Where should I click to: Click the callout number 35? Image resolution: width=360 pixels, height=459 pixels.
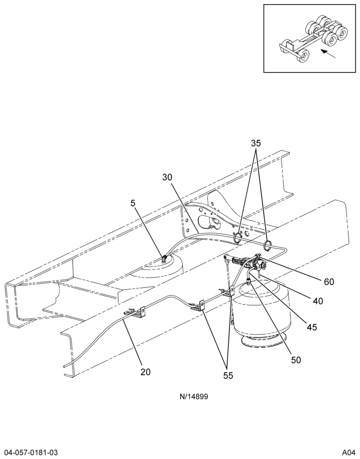pos(256,143)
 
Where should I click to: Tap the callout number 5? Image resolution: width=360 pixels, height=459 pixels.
pos(133,203)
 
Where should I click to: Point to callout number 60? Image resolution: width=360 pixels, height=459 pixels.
pos(329,282)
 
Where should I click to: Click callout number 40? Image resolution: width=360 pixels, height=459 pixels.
pos(318,301)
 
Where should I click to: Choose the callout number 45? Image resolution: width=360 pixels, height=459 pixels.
pos(312,327)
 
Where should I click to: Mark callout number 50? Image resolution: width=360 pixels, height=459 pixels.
pos(296,360)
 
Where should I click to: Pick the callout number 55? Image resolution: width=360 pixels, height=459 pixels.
pos(228,375)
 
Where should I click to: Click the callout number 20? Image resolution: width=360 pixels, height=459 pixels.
pos(145,372)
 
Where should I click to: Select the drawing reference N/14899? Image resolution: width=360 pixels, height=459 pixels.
pos(194,397)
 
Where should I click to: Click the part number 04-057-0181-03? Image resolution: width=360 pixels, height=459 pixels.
pos(29,453)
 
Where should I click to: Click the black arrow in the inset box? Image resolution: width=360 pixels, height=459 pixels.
pos(328,54)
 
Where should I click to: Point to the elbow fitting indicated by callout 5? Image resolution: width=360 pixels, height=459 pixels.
pos(164,258)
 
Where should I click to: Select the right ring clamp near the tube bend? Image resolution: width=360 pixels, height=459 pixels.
pos(267,246)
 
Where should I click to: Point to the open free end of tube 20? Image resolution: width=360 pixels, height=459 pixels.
pos(64,366)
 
